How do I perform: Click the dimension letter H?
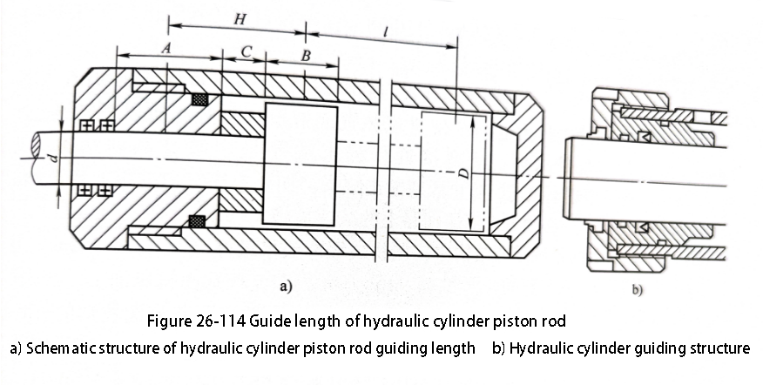(240, 19)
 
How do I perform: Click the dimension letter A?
(166, 48)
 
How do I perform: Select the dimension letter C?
(246, 51)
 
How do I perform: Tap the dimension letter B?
(306, 56)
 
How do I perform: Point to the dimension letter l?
(385, 32)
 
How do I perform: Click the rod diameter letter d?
(54, 158)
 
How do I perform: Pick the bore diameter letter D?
(465, 172)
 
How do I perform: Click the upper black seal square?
(200, 99)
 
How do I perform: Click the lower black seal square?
(197, 221)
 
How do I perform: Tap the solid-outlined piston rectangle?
(300, 165)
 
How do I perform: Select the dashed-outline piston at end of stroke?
(453, 172)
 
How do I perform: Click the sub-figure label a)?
(286, 287)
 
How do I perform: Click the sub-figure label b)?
(638, 290)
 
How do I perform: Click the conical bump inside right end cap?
(504, 172)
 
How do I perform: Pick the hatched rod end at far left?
(36, 145)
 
